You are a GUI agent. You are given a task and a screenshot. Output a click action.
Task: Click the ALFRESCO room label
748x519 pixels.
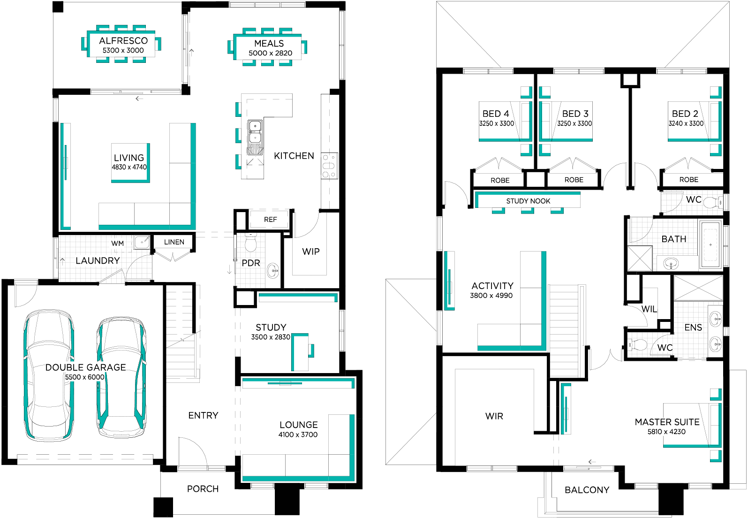coord(123,41)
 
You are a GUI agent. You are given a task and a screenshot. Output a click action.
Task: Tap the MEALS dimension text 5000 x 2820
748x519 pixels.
coord(270,53)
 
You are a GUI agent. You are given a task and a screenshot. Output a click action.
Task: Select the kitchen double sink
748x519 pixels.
coord(255,132)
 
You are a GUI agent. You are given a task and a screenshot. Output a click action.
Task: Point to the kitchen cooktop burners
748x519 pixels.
coord(329,166)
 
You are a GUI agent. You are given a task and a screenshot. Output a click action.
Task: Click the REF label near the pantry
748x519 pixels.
coord(270,220)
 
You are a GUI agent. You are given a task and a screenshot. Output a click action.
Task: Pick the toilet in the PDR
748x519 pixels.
coord(250,243)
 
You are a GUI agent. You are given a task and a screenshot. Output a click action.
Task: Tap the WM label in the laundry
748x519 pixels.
coord(118,243)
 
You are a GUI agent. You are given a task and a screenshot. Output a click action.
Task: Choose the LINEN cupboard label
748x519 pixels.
coord(174,242)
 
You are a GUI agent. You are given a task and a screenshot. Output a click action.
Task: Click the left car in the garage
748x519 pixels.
coord(49,375)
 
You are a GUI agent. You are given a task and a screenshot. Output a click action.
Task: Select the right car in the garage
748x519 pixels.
coord(121,377)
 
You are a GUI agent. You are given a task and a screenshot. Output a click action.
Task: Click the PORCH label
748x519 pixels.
coord(203,489)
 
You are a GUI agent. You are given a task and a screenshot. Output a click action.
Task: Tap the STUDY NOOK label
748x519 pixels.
coord(528,201)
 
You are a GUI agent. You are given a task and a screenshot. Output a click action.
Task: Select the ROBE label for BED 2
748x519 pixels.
coord(688,180)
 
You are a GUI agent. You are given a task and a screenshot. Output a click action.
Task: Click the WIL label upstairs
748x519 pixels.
coord(649,309)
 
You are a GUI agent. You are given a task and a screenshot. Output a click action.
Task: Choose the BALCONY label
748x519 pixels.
coord(587,490)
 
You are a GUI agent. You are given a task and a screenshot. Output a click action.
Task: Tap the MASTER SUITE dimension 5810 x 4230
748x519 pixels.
coord(666,432)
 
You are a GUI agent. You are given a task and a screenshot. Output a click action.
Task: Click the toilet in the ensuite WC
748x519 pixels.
coord(637,344)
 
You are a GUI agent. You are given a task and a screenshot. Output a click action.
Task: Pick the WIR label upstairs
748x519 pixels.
coord(494,416)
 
